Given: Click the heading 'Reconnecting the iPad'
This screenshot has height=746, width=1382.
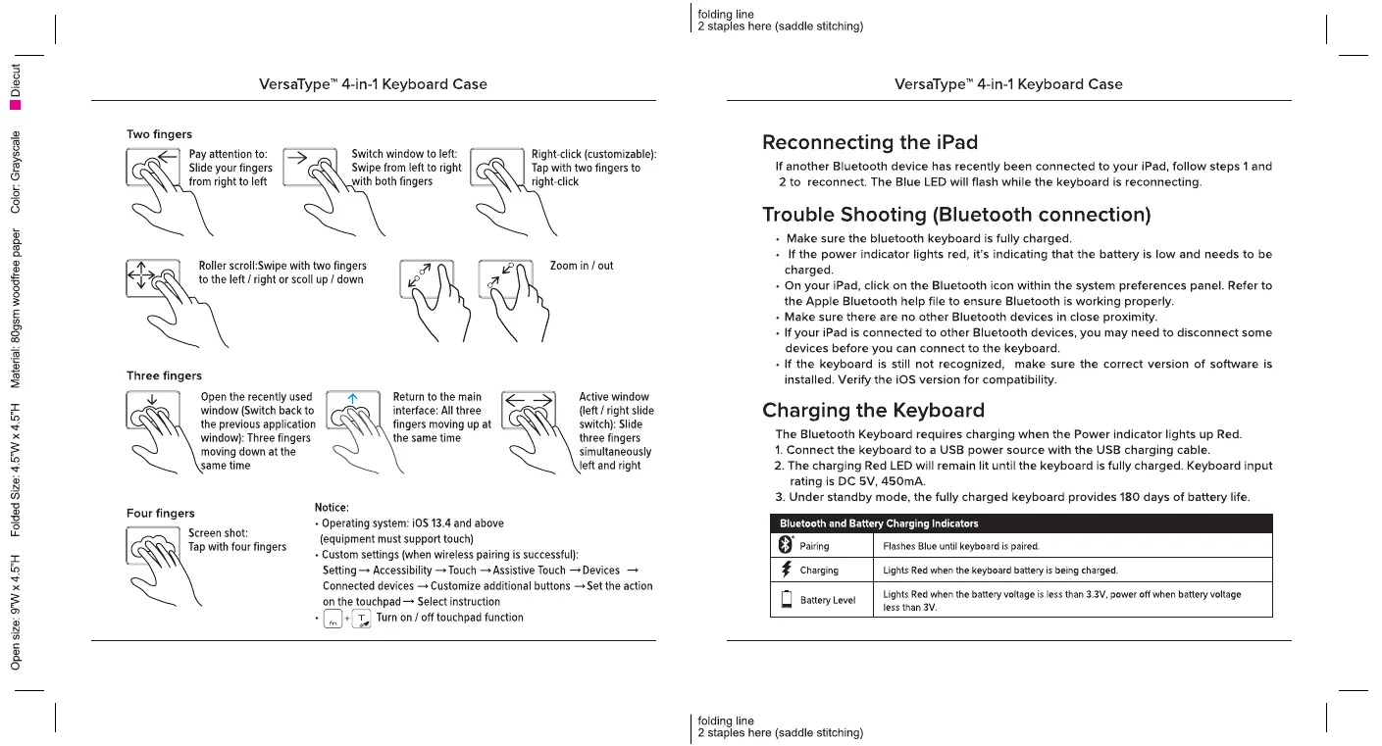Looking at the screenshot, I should tap(870, 142).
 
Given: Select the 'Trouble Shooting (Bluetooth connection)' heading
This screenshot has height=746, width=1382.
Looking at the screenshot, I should tap(956, 214).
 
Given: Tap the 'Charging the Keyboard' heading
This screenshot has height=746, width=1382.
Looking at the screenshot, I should tap(873, 410).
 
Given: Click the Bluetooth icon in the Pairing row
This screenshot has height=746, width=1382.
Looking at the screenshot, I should tap(785, 545).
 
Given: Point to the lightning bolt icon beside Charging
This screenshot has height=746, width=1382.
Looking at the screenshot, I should tap(786, 570).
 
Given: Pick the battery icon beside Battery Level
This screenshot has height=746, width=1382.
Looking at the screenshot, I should tap(786, 600).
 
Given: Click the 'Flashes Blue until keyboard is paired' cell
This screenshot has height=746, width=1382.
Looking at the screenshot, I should tap(961, 546).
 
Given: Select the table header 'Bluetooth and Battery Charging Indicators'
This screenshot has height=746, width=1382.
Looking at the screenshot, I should tap(879, 523).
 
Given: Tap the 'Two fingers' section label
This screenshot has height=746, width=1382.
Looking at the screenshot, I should tap(159, 134).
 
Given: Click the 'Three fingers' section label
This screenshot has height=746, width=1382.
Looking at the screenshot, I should tap(164, 375).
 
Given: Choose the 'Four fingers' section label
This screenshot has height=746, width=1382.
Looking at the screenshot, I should tap(161, 513).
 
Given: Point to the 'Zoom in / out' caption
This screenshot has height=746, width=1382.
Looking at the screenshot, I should tap(582, 266).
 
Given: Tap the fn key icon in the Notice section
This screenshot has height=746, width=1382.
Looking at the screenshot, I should tap(333, 619).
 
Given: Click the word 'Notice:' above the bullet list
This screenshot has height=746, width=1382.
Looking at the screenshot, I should tap(332, 507).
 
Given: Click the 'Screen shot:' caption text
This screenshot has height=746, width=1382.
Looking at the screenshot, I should tap(218, 533).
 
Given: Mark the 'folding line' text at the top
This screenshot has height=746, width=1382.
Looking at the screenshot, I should tap(726, 14).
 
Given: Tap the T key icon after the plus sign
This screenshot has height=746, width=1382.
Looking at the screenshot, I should tap(361, 619).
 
